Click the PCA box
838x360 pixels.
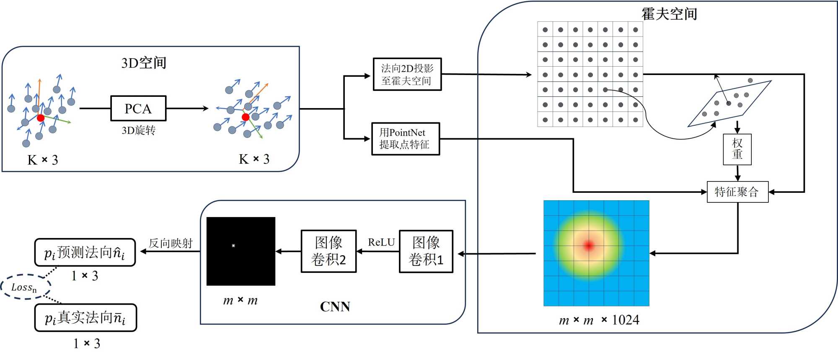click(138, 109)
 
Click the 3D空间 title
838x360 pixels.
click(144, 63)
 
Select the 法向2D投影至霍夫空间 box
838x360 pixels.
click(407, 74)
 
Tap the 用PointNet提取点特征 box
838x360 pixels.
click(405, 139)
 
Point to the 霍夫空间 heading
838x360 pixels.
click(669, 14)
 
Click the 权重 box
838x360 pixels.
click(737, 149)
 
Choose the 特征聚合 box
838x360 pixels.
click(737, 192)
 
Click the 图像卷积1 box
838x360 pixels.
click(426, 251)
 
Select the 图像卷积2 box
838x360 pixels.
click(328, 251)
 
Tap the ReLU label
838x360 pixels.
click(381, 242)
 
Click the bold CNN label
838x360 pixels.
click(335, 307)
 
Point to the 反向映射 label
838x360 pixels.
click(171, 243)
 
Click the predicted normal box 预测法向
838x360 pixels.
click(85, 253)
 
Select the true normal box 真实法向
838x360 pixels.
click(85, 318)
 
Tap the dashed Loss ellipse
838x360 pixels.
click(25, 287)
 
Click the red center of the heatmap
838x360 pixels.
click(589, 245)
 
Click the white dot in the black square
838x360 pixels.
click(233, 246)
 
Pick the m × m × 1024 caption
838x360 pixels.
click(599, 320)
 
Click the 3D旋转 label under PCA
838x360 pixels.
click(138, 130)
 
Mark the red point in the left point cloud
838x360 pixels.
click(41, 118)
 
